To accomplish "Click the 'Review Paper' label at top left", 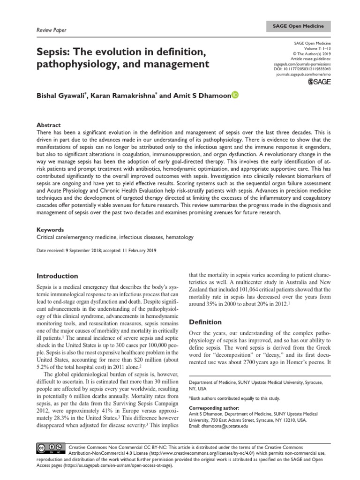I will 51,30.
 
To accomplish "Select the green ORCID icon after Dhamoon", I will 235,95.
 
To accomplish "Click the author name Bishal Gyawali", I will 64,96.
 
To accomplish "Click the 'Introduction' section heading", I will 57,276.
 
